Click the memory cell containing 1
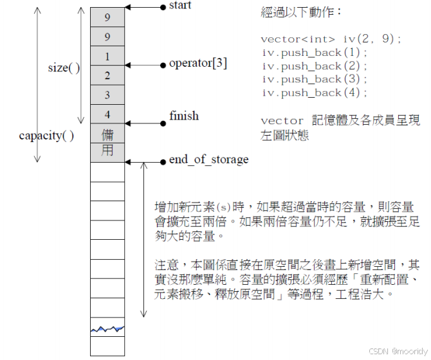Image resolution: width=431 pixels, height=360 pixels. click(x=107, y=57)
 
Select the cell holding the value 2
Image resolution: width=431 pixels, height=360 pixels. click(x=107, y=76)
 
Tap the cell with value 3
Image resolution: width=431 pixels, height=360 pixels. click(x=107, y=95)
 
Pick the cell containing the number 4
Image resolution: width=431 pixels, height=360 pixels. click(x=107, y=114)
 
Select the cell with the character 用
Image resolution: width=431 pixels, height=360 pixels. click(x=107, y=151)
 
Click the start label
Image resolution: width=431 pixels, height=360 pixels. click(x=179, y=6)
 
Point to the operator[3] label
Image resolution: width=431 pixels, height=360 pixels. click(x=197, y=64)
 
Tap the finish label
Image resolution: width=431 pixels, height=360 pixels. click(x=184, y=116)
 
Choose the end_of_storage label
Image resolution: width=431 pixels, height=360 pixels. click(x=208, y=159)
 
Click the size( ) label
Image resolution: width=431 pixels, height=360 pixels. click(x=64, y=67)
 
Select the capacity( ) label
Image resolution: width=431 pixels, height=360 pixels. click(x=46, y=136)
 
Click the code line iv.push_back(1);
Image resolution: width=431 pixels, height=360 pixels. click(x=315, y=53)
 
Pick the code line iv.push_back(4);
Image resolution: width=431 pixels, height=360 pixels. click(x=315, y=93)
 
